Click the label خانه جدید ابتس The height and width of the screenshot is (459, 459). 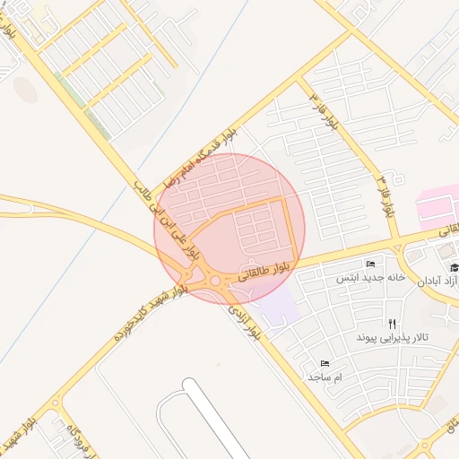coord(371,278)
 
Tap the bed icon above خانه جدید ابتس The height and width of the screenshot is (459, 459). coord(371,264)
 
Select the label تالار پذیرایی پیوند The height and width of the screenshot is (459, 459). coord(392,337)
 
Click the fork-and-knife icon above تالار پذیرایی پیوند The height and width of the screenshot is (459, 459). coord(392,323)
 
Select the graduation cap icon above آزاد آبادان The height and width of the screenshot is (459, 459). coord(454,268)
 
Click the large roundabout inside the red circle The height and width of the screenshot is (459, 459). coord(215,282)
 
